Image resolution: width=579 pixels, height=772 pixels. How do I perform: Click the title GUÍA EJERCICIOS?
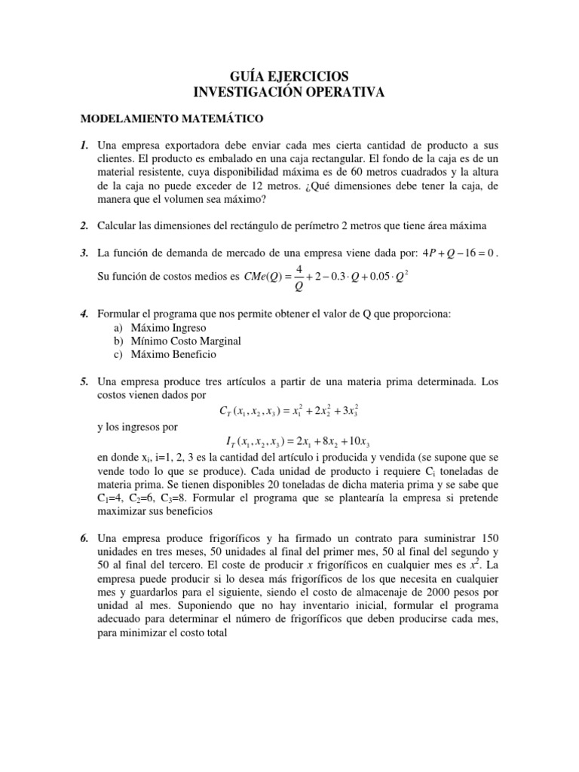coord(289,76)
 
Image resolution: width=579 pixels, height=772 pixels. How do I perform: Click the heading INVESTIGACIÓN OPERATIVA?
coord(289,92)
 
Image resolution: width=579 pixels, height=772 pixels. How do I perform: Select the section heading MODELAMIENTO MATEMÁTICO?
coord(172,119)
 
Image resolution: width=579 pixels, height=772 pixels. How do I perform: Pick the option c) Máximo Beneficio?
coord(169,354)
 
